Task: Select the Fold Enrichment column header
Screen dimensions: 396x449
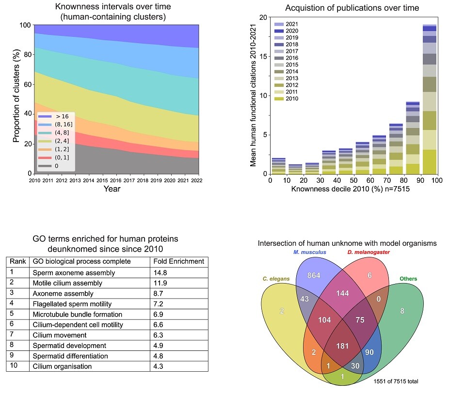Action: (178, 261)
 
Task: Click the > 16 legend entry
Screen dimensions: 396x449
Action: (58, 116)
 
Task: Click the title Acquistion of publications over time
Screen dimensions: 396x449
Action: (352, 8)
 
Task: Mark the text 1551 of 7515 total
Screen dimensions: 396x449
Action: (396, 381)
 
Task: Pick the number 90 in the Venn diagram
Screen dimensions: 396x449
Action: (369, 352)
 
